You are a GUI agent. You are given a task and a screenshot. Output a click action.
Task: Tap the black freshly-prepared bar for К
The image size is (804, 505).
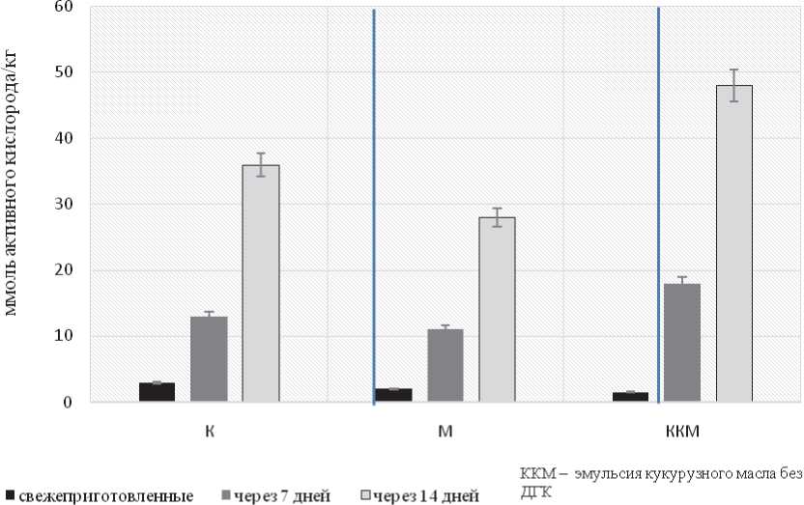point(157,392)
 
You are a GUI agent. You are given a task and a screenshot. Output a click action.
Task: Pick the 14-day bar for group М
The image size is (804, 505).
point(497,310)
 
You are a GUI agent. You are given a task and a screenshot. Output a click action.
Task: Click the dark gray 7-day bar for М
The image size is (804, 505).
point(445,366)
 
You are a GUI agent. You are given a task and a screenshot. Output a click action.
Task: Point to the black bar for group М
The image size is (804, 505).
point(393,395)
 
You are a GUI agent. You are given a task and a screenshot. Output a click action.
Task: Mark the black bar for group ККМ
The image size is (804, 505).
point(630,397)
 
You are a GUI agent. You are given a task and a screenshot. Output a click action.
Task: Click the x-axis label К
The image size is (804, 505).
point(209,430)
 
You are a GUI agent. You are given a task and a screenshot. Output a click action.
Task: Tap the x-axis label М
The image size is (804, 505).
point(445,430)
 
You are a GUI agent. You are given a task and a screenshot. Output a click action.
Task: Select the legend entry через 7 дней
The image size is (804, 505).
point(281,496)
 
